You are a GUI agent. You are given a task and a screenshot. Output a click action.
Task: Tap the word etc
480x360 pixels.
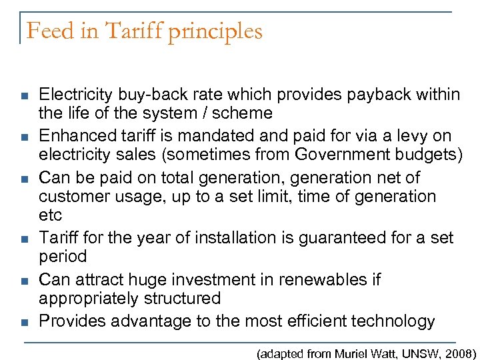pyautogui.click(x=50, y=215)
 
